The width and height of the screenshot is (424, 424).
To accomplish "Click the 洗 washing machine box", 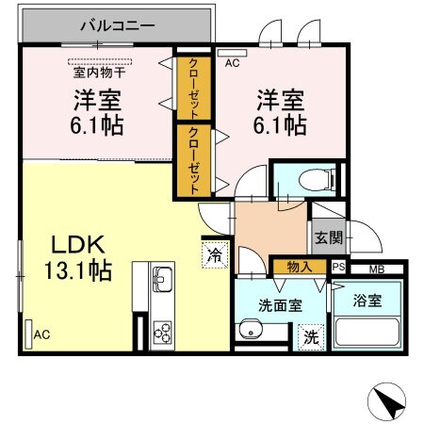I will pos(310,336).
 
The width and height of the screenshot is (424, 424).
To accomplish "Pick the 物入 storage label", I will pos(300,269).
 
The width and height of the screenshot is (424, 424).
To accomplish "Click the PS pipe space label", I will pos(338,269).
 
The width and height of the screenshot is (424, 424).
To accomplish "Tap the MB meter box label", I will pos(376,269).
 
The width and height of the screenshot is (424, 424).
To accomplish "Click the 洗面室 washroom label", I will pos(280,304).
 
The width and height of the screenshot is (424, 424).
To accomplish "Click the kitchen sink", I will pos(160,280).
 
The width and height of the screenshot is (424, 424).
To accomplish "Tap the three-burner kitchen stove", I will pos(161,333).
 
